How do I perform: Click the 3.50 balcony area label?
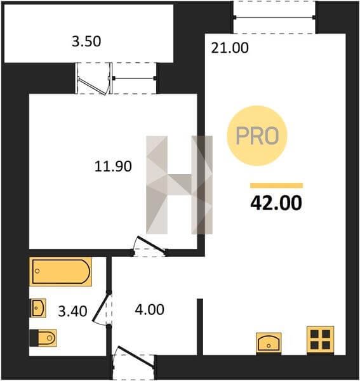point(86,41)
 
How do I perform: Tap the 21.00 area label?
point(230,48)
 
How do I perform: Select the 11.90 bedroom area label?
point(113,166)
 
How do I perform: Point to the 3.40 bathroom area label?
point(72,311)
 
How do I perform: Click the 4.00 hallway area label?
point(149,310)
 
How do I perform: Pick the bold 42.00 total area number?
point(276,203)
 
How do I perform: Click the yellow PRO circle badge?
point(257,136)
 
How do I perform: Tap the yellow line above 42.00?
point(276,185)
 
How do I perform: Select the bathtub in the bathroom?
point(61,271)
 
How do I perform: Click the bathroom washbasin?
point(38,308)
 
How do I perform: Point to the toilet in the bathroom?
point(43,338)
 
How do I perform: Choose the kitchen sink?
point(269,343)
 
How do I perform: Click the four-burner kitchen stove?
point(321,340)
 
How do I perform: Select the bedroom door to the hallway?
point(150,246)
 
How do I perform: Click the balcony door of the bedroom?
point(94,79)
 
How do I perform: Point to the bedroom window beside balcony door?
point(135,78)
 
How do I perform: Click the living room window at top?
point(274,17)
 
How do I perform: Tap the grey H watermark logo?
point(179,185)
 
